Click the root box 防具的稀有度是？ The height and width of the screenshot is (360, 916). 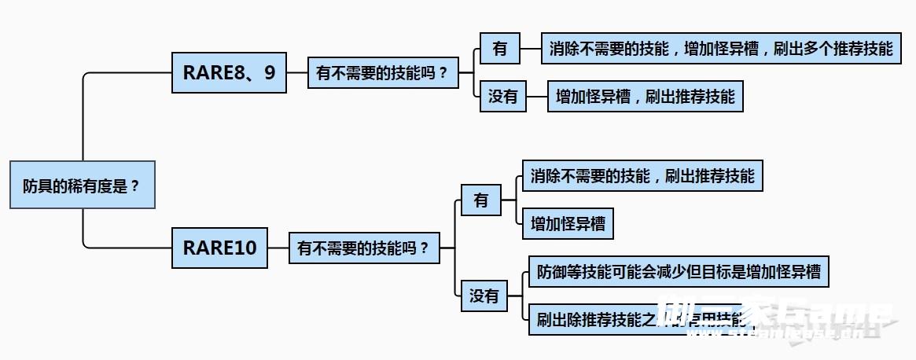[82, 186]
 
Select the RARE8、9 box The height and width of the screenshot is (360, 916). [229, 72]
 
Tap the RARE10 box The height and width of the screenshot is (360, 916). [219, 247]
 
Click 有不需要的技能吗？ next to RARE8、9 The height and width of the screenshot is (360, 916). [381, 73]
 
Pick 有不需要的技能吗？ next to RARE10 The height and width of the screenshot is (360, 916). [364, 248]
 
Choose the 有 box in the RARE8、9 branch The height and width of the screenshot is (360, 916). [500, 49]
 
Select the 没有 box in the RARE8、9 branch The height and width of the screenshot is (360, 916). [503, 97]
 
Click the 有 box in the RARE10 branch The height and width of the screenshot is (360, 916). [481, 200]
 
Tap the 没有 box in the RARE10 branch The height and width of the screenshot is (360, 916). [484, 296]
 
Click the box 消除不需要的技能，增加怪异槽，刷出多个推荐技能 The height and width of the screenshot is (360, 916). [721, 49]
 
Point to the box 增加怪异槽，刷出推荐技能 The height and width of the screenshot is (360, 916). [645, 97]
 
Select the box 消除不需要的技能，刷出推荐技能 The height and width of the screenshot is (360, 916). [642, 175]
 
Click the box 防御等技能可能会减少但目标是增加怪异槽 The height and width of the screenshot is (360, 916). [679, 272]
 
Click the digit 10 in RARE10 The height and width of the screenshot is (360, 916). [245, 247]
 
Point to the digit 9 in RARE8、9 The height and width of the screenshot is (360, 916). [270, 72]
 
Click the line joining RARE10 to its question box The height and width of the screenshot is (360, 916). [278, 248]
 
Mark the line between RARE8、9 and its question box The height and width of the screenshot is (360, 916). [296, 73]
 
